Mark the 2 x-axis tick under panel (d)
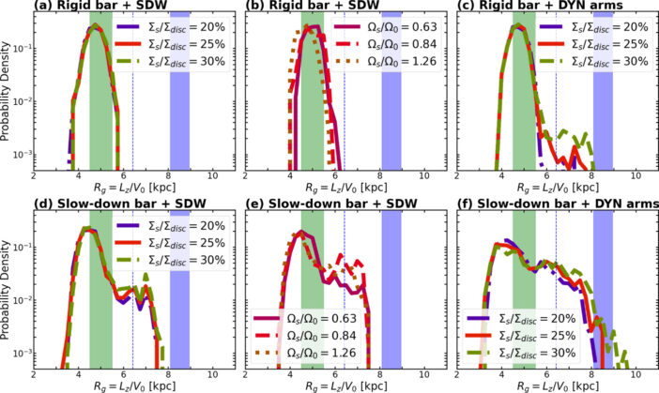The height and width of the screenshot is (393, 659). [35, 370]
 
